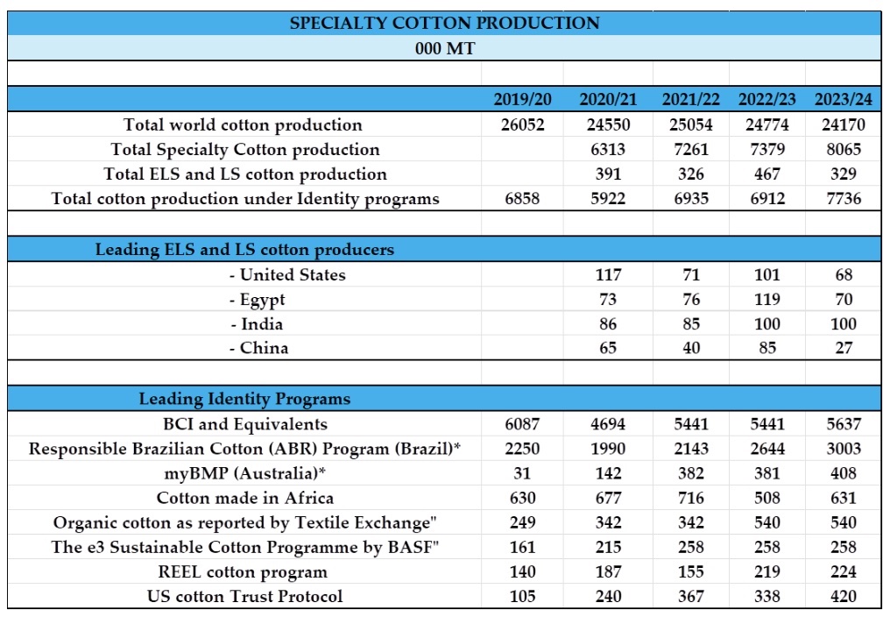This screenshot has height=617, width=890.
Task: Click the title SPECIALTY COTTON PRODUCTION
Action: pos(445,23)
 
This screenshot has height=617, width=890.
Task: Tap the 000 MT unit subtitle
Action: pos(445,48)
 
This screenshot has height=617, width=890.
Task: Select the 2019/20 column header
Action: pos(522,99)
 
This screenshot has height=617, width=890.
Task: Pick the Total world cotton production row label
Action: pos(243,124)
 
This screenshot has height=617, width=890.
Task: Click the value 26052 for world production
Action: pos(522,124)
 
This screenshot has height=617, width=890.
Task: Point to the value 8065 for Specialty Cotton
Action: pos(843,149)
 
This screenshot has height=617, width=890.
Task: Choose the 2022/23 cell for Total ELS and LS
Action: pos(766,174)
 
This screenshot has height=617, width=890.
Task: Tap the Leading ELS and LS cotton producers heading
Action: pos(244,250)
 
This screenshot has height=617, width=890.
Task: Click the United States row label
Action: pos(287,274)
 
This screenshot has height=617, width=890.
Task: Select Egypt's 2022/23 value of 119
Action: pos(766,299)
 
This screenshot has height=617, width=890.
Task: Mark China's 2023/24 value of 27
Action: pos(843,348)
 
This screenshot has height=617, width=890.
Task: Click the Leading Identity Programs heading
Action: pos(244,399)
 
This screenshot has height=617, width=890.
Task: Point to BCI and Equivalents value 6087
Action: pos(522,424)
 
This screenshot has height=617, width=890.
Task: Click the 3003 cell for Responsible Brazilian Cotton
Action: pos(843,449)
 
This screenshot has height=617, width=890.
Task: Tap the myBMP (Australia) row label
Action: pos(244,473)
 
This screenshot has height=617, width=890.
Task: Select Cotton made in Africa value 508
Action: pos(766,498)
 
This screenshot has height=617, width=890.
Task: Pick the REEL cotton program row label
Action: pos(244,571)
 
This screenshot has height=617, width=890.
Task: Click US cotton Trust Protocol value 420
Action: pos(843,597)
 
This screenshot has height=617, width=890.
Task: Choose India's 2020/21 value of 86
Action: pos(608,323)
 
